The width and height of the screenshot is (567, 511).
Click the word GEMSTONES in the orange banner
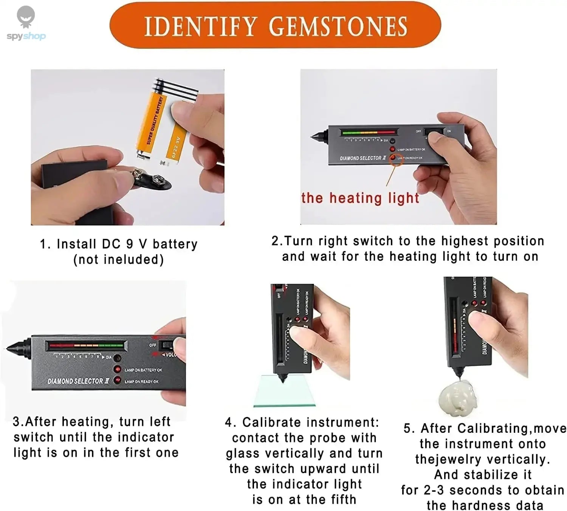(x=338, y=26)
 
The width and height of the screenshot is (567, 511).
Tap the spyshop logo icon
(x=26, y=17)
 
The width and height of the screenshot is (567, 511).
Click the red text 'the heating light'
(x=360, y=198)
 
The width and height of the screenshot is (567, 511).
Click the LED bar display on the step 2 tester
(x=369, y=133)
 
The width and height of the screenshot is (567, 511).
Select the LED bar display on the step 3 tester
(x=86, y=345)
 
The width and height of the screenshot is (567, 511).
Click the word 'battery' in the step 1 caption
(x=175, y=244)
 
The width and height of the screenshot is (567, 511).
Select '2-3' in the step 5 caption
(x=434, y=490)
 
